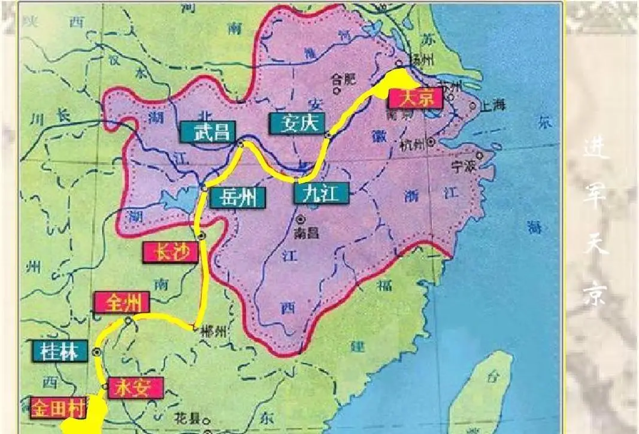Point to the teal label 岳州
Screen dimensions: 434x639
click(237, 197)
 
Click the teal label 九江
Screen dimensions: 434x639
click(321, 193)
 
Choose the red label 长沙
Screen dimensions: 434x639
click(170, 253)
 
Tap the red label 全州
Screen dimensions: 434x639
click(122, 303)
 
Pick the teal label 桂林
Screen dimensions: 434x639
click(60, 351)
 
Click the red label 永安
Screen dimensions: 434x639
click(135, 388)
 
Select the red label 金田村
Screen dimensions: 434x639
click(58, 408)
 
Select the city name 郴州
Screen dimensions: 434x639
click(211, 331)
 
